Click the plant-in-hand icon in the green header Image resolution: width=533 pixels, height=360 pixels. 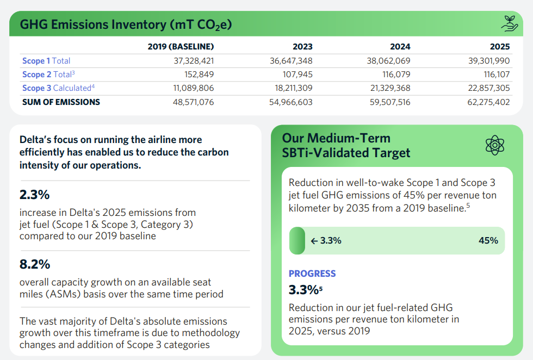(x=509, y=23)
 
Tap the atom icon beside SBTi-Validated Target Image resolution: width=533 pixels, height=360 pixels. (x=495, y=145)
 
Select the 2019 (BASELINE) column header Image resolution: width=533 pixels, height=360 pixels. (x=181, y=47)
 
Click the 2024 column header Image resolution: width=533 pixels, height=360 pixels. (x=400, y=47)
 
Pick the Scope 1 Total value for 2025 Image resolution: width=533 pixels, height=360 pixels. (x=489, y=61)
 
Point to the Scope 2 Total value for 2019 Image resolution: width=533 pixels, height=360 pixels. (x=199, y=75)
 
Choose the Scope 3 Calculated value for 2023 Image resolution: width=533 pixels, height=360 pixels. (x=293, y=88)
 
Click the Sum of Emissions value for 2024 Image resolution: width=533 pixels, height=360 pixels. (x=390, y=102)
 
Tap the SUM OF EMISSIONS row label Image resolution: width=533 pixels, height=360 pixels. (x=61, y=102)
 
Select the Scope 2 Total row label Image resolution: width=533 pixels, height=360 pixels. (x=48, y=74)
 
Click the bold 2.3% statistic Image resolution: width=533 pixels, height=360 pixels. (x=34, y=195)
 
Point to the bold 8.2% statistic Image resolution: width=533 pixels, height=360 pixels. (x=35, y=264)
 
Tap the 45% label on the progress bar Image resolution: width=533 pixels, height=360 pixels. (x=488, y=240)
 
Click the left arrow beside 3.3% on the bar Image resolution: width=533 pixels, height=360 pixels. (x=314, y=241)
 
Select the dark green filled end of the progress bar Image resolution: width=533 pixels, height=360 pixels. (x=297, y=241)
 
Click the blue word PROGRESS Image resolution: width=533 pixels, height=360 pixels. (x=312, y=274)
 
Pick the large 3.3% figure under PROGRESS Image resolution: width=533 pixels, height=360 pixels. (x=303, y=290)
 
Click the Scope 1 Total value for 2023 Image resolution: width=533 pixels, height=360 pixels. (x=291, y=61)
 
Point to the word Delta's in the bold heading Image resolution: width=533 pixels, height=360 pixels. (x=35, y=139)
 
